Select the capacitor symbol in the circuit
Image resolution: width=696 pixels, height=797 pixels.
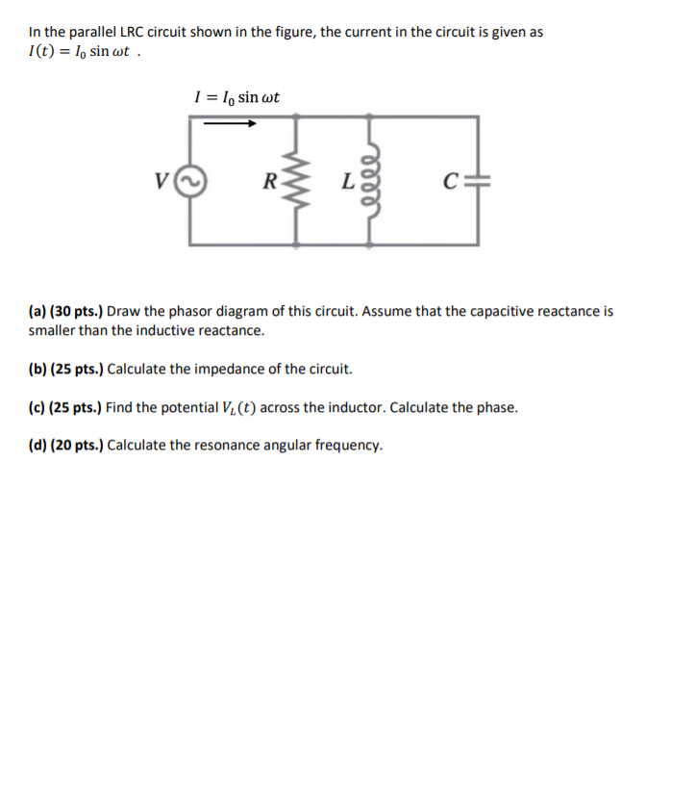[x=478, y=180]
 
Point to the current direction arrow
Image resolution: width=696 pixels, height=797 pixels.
[x=231, y=123]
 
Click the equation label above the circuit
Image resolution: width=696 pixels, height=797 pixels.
[x=236, y=96]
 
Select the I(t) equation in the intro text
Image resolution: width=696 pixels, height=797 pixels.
[x=85, y=52]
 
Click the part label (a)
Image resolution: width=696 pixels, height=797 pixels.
[x=37, y=312]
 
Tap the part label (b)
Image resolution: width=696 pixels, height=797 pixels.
[x=37, y=369]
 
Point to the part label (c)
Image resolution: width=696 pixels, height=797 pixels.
[x=37, y=407]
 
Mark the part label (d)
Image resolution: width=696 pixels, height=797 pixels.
[x=37, y=445]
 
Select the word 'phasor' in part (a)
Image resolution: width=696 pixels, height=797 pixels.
[x=201, y=312]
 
